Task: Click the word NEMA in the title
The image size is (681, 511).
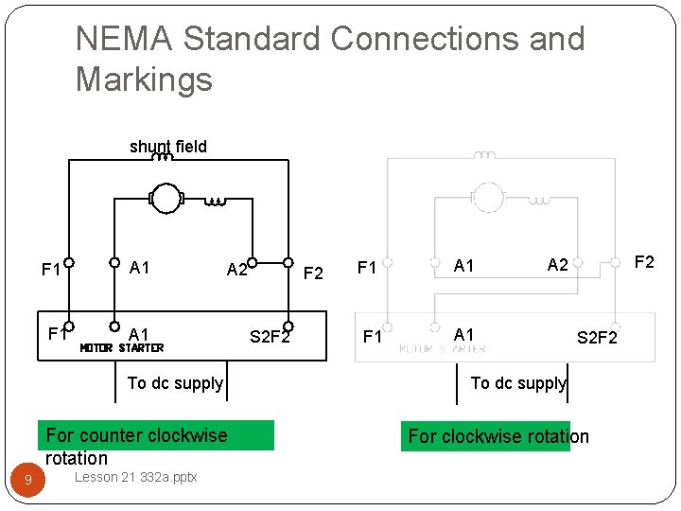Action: [124, 40]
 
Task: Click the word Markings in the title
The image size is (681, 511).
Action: [144, 79]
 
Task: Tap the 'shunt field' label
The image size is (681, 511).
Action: [167, 147]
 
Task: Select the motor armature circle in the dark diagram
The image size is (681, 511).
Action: [166, 200]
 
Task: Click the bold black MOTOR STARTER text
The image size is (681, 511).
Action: [122, 347]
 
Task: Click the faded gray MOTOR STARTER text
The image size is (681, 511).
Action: [443, 348]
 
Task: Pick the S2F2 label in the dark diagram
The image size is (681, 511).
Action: [270, 336]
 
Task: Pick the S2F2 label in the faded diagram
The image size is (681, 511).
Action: [597, 337]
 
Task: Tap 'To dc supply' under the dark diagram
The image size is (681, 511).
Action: [175, 383]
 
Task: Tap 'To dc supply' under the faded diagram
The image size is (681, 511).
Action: [518, 383]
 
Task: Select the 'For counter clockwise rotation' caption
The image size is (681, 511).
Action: [137, 446]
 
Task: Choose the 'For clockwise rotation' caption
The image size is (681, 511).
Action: [498, 436]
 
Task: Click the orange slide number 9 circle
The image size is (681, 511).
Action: [28, 481]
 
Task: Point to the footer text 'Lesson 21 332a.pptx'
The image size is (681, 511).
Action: [135, 477]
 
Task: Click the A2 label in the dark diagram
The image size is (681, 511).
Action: [237, 270]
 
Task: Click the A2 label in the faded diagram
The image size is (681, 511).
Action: [558, 265]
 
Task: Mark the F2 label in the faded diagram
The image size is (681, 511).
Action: [643, 261]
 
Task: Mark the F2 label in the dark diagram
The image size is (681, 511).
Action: [314, 274]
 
